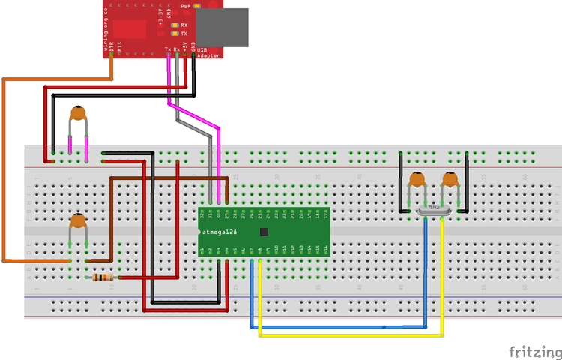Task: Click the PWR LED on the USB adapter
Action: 196,6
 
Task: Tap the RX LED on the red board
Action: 175,25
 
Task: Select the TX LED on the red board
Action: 175,34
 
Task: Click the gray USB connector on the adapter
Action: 222,28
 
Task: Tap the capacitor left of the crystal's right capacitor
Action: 417,180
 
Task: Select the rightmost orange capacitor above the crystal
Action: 450,180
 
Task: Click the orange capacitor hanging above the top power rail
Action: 78,115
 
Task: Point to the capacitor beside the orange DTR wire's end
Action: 78,222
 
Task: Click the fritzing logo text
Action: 534,352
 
